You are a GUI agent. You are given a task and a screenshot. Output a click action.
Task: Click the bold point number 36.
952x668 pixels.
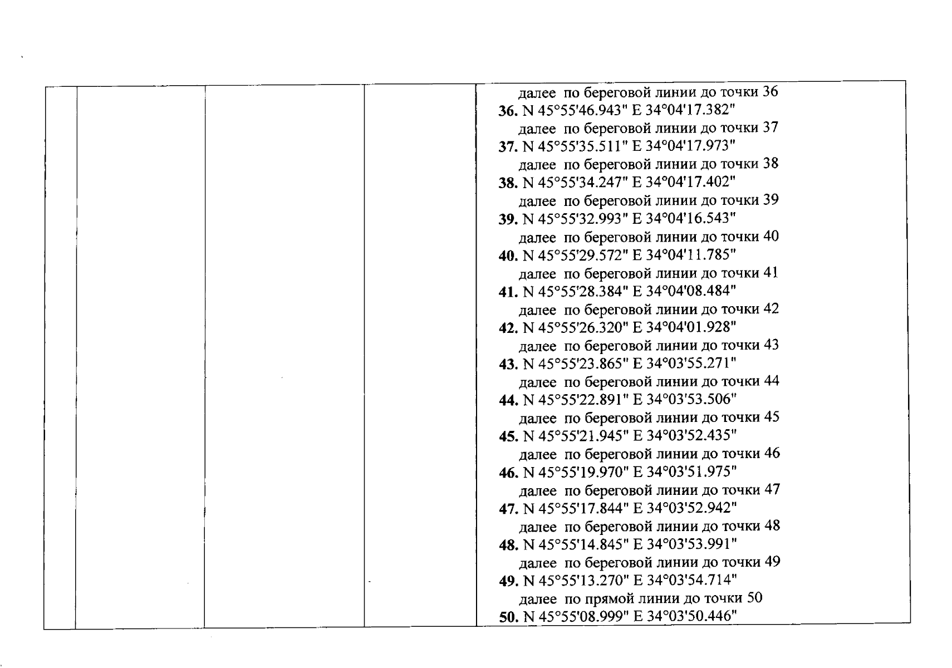tap(508, 111)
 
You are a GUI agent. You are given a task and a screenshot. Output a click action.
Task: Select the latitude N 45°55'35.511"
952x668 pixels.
tap(575, 146)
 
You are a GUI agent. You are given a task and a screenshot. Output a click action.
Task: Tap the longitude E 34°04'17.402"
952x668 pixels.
tap(684, 182)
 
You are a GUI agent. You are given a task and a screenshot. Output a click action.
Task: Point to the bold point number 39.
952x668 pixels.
tap(508, 220)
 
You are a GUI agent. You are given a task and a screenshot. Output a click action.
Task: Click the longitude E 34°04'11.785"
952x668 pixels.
tap(684, 256)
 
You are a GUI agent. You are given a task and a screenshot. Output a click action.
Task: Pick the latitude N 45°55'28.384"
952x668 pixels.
tap(576, 292)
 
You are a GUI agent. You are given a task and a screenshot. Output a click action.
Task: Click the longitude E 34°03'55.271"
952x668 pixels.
tap(685, 364)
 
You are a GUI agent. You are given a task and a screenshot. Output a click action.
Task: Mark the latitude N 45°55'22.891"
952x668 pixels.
tap(576, 400)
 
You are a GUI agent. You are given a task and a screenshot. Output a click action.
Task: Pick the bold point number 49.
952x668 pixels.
tap(509, 581)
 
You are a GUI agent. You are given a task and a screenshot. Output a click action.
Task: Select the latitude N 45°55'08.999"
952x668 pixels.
tap(576, 617)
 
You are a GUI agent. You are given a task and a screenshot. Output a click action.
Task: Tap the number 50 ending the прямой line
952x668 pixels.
tap(755, 598)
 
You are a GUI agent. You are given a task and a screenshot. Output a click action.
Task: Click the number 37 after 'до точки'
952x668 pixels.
tap(771, 127)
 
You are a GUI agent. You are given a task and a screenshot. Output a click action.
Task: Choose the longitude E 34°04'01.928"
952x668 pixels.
tap(685, 328)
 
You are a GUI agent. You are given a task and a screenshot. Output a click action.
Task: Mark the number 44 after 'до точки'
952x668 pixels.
tap(772, 381)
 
